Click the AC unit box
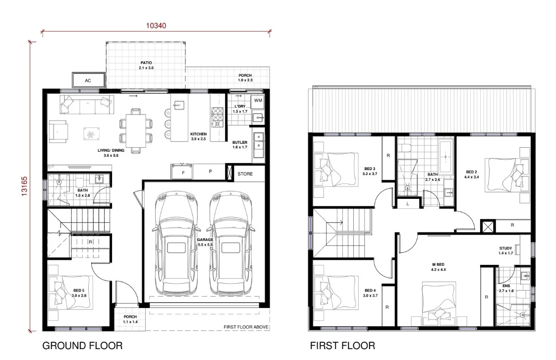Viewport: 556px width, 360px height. tap(88, 80)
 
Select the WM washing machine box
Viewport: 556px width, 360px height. tap(258, 101)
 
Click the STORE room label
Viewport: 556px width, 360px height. tap(245, 174)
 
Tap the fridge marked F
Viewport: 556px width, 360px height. tap(183, 172)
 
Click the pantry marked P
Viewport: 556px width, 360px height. tap(210, 172)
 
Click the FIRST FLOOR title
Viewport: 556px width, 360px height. tap(342, 345)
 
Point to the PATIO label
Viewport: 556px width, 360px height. tap(146, 65)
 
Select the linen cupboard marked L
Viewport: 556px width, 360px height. tap(407, 204)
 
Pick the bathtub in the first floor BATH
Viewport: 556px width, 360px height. tap(445, 157)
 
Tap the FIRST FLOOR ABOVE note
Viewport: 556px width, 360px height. tap(246, 327)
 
